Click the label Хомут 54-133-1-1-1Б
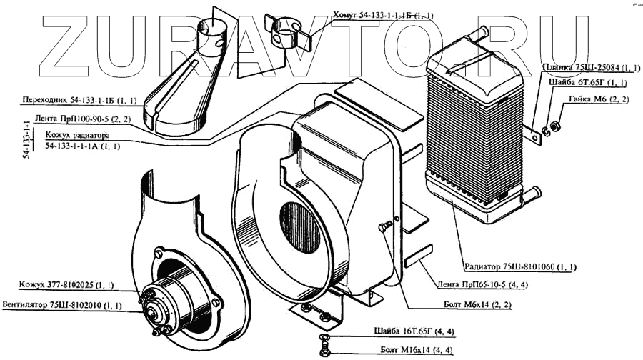(382, 15)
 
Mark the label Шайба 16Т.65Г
(408, 331)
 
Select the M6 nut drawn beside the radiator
(557, 127)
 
